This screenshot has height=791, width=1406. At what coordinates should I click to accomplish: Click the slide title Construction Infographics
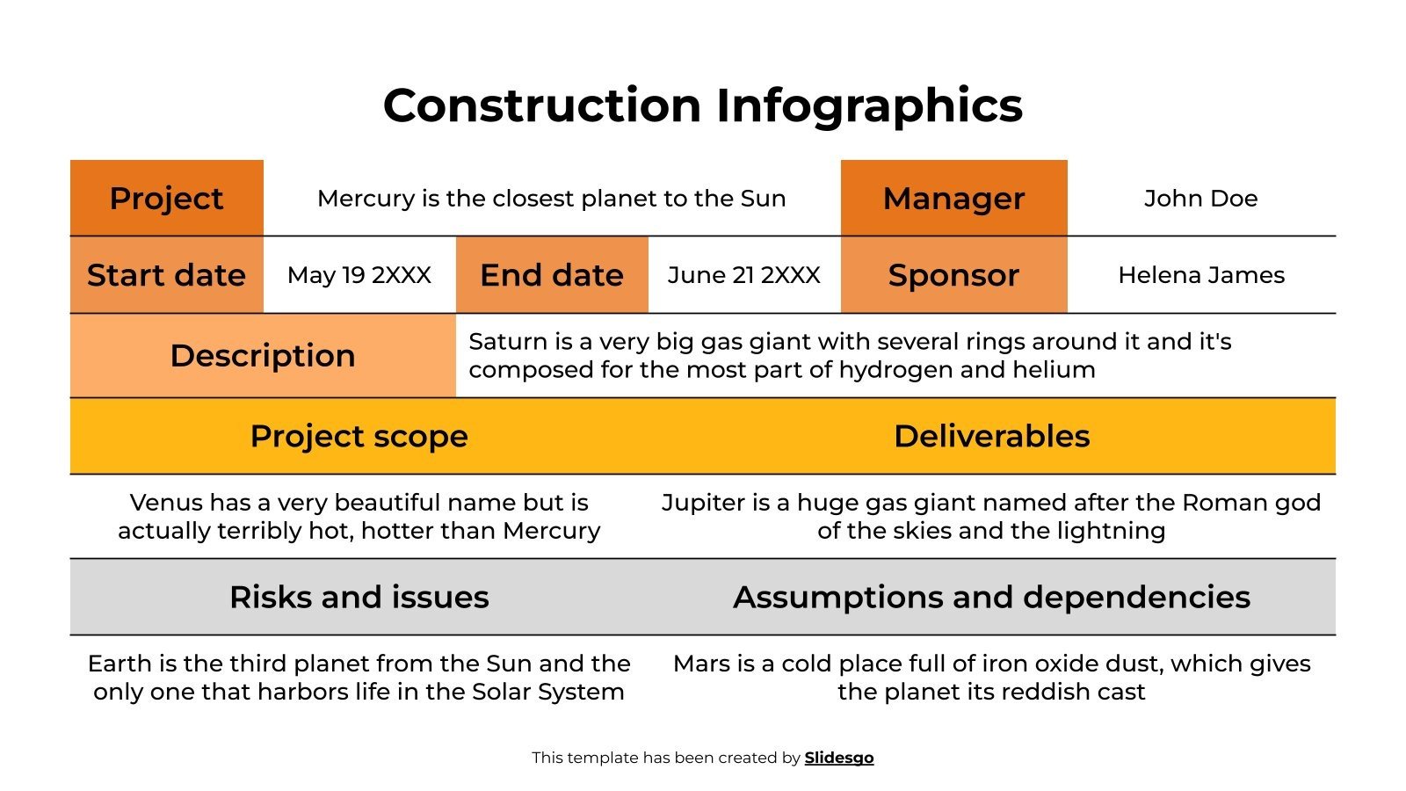[x=702, y=105]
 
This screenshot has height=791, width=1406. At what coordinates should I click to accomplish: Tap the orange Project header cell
[x=166, y=199]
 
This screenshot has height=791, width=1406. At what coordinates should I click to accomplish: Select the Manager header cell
[x=953, y=199]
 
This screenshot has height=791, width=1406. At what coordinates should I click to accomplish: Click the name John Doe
[x=1200, y=199]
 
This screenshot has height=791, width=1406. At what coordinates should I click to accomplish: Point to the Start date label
[x=166, y=275]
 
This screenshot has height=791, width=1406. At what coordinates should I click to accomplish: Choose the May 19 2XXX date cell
[x=359, y=275]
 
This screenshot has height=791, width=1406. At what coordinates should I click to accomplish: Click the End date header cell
[x=551, y=275]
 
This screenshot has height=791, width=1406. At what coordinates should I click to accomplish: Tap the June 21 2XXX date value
[x=743, y=275]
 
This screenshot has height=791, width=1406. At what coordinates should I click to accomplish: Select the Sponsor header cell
[x=953, y=275]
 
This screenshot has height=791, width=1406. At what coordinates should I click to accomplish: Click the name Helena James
[x=1200, y=275]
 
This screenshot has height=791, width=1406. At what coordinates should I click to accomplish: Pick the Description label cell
[x=263, y=356]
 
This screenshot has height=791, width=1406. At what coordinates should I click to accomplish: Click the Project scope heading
[x=359, y=436]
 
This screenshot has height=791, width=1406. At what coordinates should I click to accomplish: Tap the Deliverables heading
[x=991, y=436]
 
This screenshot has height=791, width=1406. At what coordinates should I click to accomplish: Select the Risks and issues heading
[x=359, y=597]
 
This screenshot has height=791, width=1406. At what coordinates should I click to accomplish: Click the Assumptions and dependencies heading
[x=991, y=597]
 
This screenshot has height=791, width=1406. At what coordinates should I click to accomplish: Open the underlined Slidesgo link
[x=838, y=758]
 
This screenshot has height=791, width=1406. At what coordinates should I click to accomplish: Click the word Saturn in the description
[x=497, y=341]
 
